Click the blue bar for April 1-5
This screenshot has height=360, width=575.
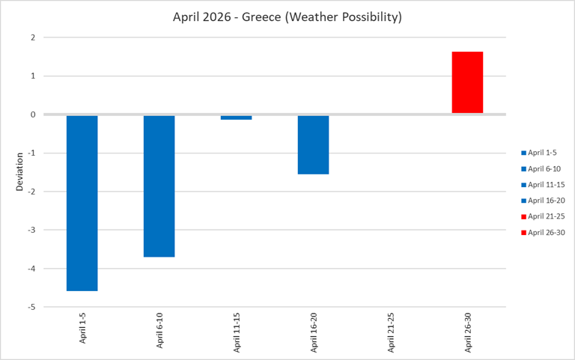coord(82,202)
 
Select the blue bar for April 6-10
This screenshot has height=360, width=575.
coord(159,186)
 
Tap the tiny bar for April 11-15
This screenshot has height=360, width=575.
coord(236,118)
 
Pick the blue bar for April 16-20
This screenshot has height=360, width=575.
coord(313,144)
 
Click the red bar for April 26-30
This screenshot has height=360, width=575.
coord(467,82)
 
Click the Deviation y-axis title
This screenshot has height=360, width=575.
coord(20,171)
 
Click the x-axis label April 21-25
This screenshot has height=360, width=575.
coord(390,330)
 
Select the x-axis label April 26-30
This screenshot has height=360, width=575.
coord(467,330)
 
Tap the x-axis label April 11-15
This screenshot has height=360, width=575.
coord(237,330)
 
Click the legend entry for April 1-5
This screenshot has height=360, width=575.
coord(542,152)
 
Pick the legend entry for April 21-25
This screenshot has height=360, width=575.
coord(544,216)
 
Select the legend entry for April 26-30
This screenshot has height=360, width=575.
coord(544,232)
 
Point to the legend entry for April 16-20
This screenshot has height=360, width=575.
coord(544,200)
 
